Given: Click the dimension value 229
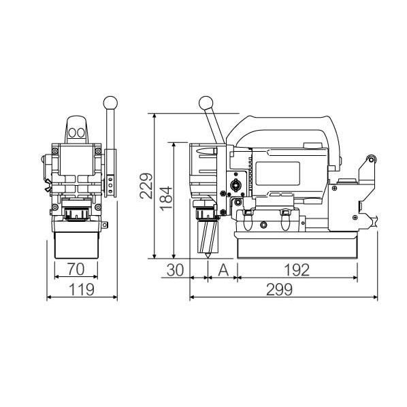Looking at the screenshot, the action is coord(146,186).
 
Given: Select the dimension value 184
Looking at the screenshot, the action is coord(165,199).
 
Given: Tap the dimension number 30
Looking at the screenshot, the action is coord(175,270).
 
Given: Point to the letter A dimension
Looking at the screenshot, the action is coord(223,270).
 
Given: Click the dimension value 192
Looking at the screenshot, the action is coord(297,270).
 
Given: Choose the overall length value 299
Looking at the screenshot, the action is coord(279,289).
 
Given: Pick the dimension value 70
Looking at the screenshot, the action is coord(76,269).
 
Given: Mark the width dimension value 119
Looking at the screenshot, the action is coord(82,289).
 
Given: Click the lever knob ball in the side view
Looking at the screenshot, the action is coord(206,103).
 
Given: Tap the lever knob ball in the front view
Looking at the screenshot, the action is coord(110,103).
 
